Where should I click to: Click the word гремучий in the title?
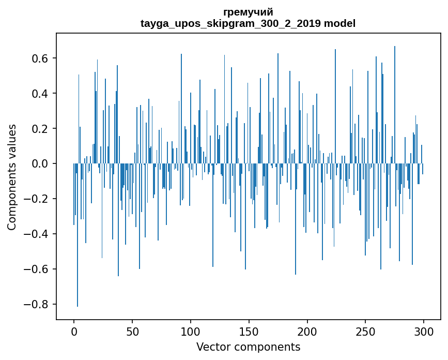point(248,12)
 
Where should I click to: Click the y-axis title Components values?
point(12,177)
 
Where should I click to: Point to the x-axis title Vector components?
point(248,347)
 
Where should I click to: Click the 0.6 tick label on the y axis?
point(40,58)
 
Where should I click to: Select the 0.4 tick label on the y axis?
point(40,94)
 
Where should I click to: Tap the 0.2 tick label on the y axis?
point(40,129)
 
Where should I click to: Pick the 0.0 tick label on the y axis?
point(40,164)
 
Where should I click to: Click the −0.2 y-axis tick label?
point(37,199)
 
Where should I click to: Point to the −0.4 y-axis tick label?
point(37,234)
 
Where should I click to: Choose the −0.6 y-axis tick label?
point(37,269)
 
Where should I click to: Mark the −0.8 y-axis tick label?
point(37,305)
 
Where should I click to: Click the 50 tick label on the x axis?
point(132,332)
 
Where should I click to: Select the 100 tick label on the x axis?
point(191,332)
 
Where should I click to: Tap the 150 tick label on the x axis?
point(249,332)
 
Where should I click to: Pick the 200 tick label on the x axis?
point(307,332)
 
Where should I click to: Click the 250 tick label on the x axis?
point(366,332)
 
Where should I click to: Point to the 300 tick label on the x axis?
point(424,332)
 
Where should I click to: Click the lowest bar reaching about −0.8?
point(78,259)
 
